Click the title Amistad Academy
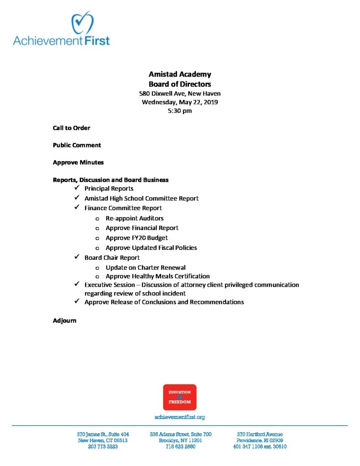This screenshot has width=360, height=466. pyautogui.click(x=180, y=75)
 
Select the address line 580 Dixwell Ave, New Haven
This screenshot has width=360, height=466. pyautogui.click(x=180, y=93)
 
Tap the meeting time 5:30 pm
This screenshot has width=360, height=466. pyautogui.click(x=180, y=111)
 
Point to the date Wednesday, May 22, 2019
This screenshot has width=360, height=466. pyautogui.click(x=180, y=102)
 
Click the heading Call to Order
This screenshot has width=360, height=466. pyautogui.click(x=71, y=128)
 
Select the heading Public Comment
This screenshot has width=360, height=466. pyautogui.click(x=77, y=145)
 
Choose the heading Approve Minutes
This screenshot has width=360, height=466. pyautogui.click(x=78, y=162)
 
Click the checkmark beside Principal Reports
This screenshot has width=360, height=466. pyautogui.click(x=76, y=188)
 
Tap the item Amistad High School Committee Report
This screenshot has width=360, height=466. pyautogui.click(x=141, y=198)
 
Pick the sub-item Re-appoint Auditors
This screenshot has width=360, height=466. pyautogui.click(x=134, y=218)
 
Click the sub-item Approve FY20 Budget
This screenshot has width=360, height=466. pyautogui.click(x=137, y=238)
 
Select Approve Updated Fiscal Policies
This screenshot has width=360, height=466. pyautogui.click(x=151, y=248)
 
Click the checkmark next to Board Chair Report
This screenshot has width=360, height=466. pyautogui.click(x=76, y=257)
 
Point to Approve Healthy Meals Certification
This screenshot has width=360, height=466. pyautogui.click(x=157, y=276)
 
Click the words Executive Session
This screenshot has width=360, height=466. pyautogui.click(x=109, y=285)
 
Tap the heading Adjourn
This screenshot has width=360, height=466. pyautogui.click(x=65, y=321)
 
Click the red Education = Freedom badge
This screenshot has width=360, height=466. pyautogui.click(x=180, y=397)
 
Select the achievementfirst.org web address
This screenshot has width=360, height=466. pyautogui.click(x=180, y=417)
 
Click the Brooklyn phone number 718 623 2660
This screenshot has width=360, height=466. pyautogui.click(x=180, y=447)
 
